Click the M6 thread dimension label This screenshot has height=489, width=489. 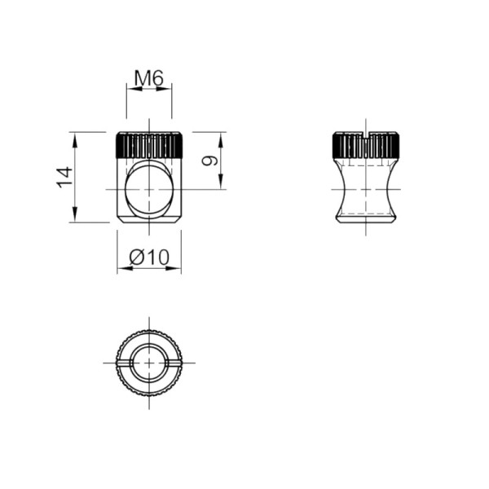pyautogui.click(x=149, y=78)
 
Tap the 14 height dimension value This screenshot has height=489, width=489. pyautogui.click(x=64, y=178)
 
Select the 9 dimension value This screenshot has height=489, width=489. pyautogui.click(x=209, y=161)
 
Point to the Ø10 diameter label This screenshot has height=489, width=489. pyautogui.click(x=149, y=257)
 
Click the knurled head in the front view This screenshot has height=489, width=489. pyautogui.click(x=149, y=145)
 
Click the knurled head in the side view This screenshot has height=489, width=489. pyautogui.click(x=365, y=145)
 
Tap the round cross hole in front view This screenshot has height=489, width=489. pyautogui.click(x=149, y=189)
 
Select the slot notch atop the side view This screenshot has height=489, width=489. pyautogui.click(x=365, y=134)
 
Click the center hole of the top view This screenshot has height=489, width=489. pyautogui.click(x=149, y=363)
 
